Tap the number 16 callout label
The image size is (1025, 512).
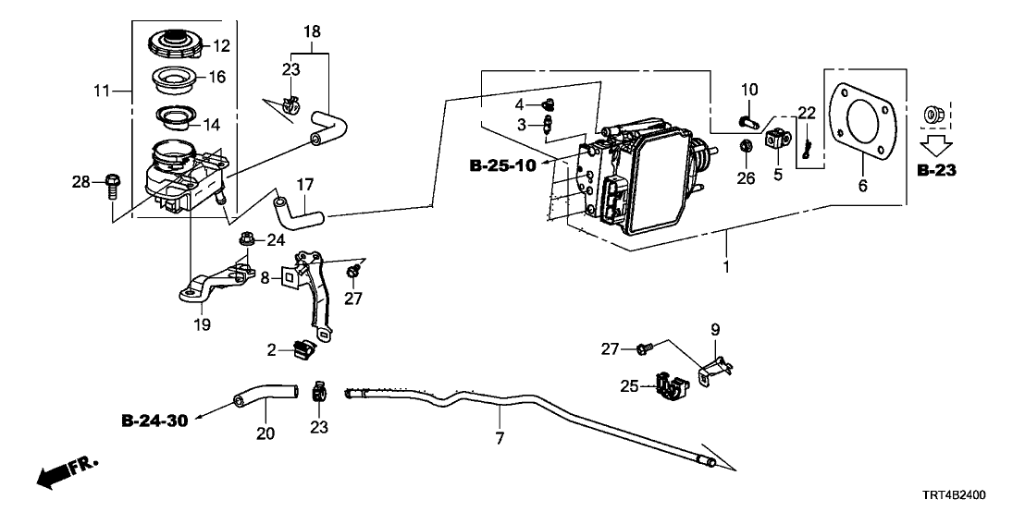pyautogui.click(x=216, y=77)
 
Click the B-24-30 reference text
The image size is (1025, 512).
pyautogui.click(x=154, y=421)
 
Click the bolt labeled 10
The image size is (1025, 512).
pyautogui.click(x=748, y=118)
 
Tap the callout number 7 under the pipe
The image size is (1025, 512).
pyautogui.click(x=500, y=439)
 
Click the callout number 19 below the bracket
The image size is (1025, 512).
pyautogui.click(x=202, y=325)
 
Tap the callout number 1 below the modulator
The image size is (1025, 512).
pyautogui.click(x=726, y=268)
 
